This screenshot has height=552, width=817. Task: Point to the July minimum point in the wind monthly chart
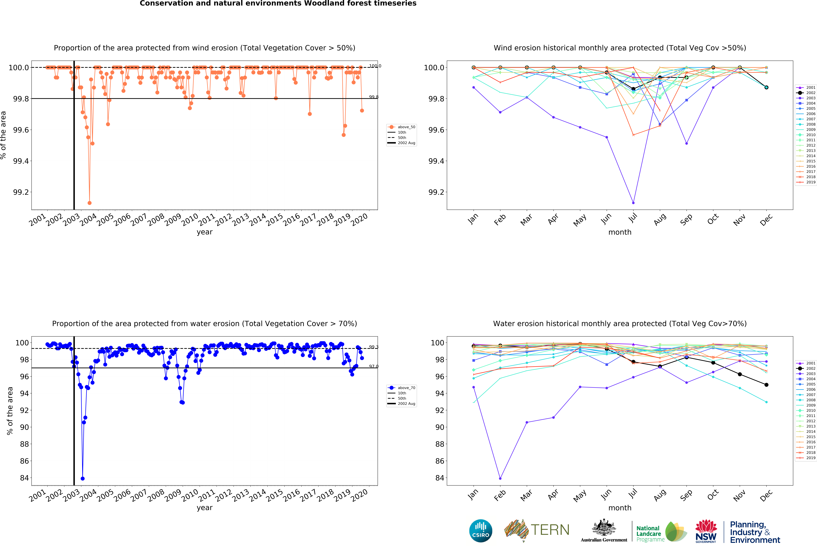pos(633,203)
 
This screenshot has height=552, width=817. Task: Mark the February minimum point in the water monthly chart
pos(500,479)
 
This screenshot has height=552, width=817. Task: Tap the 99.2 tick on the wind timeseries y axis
pos(21,192)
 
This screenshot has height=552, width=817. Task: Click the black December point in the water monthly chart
pos(766,385)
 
